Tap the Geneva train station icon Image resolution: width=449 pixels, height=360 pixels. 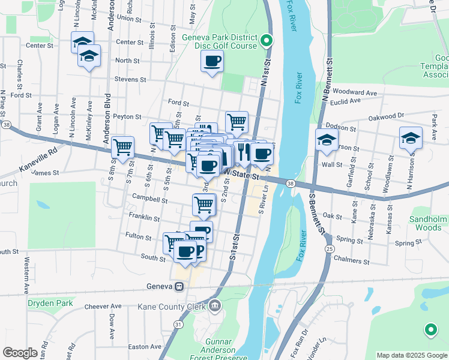pyautogui.click(x=179, y=286)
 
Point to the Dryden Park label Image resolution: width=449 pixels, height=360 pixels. pyautogui.click(x=50, y=303)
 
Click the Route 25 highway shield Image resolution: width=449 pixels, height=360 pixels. pyautogui.click(x=329, y=248)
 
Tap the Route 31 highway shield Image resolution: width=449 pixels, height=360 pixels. pyautogui.click(x=178, y=324)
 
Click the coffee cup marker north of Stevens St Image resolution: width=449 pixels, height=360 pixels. pyautogui.click(x=212, y=61)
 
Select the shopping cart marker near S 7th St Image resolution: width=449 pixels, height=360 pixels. pyautogui.click(x=123, y=146)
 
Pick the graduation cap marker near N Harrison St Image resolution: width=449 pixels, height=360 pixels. pyautogui.click(x=411, y=137)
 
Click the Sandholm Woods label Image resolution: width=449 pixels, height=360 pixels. pyautogui.click(x=428, y=223)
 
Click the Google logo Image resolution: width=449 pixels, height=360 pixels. pyautogui.click(x=20, y=353)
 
